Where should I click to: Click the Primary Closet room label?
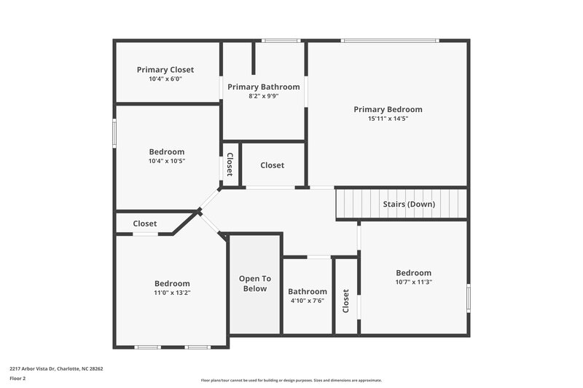coord(165,70)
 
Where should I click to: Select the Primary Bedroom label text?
coord(388,109)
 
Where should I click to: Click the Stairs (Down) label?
coord(409,204)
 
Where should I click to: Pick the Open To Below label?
coord(255,283)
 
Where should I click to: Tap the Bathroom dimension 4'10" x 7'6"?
coord(307,301)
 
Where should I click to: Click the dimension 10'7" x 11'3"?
coord(413,282)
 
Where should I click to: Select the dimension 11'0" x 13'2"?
coord(172,293)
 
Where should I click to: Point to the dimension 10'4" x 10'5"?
coord(167,161)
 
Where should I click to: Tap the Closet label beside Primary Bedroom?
coord(272,165)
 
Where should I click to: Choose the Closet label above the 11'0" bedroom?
coord(144,223)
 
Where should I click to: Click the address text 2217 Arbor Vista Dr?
coord(56,368)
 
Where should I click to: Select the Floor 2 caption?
coord(18,379)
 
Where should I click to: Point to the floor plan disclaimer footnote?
coord(291,380)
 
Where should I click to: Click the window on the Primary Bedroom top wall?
coord(391,41)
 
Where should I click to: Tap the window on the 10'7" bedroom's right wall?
coord(469,298)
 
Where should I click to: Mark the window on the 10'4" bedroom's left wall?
coord(114,134)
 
